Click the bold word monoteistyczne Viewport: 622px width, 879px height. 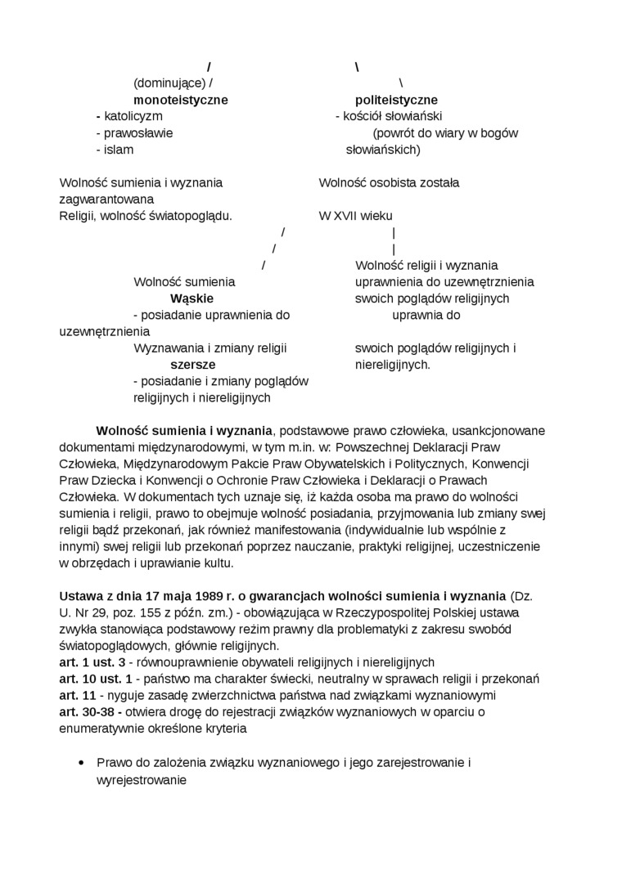pos(181,100)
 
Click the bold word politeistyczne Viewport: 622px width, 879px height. pos(396,100)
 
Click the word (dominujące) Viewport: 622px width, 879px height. pos(169,83)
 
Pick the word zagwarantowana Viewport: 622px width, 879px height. pos(106,200)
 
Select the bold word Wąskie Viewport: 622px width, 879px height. pos(192,298)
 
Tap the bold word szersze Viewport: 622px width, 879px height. pos(193,365)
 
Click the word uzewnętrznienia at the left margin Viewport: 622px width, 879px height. pos(105,332)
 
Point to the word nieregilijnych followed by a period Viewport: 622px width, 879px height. pos(392,365)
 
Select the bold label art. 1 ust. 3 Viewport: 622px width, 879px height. pos(92,662)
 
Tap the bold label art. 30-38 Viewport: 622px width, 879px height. pos(90,712)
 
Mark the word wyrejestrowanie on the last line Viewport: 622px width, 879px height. pos(142,780)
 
